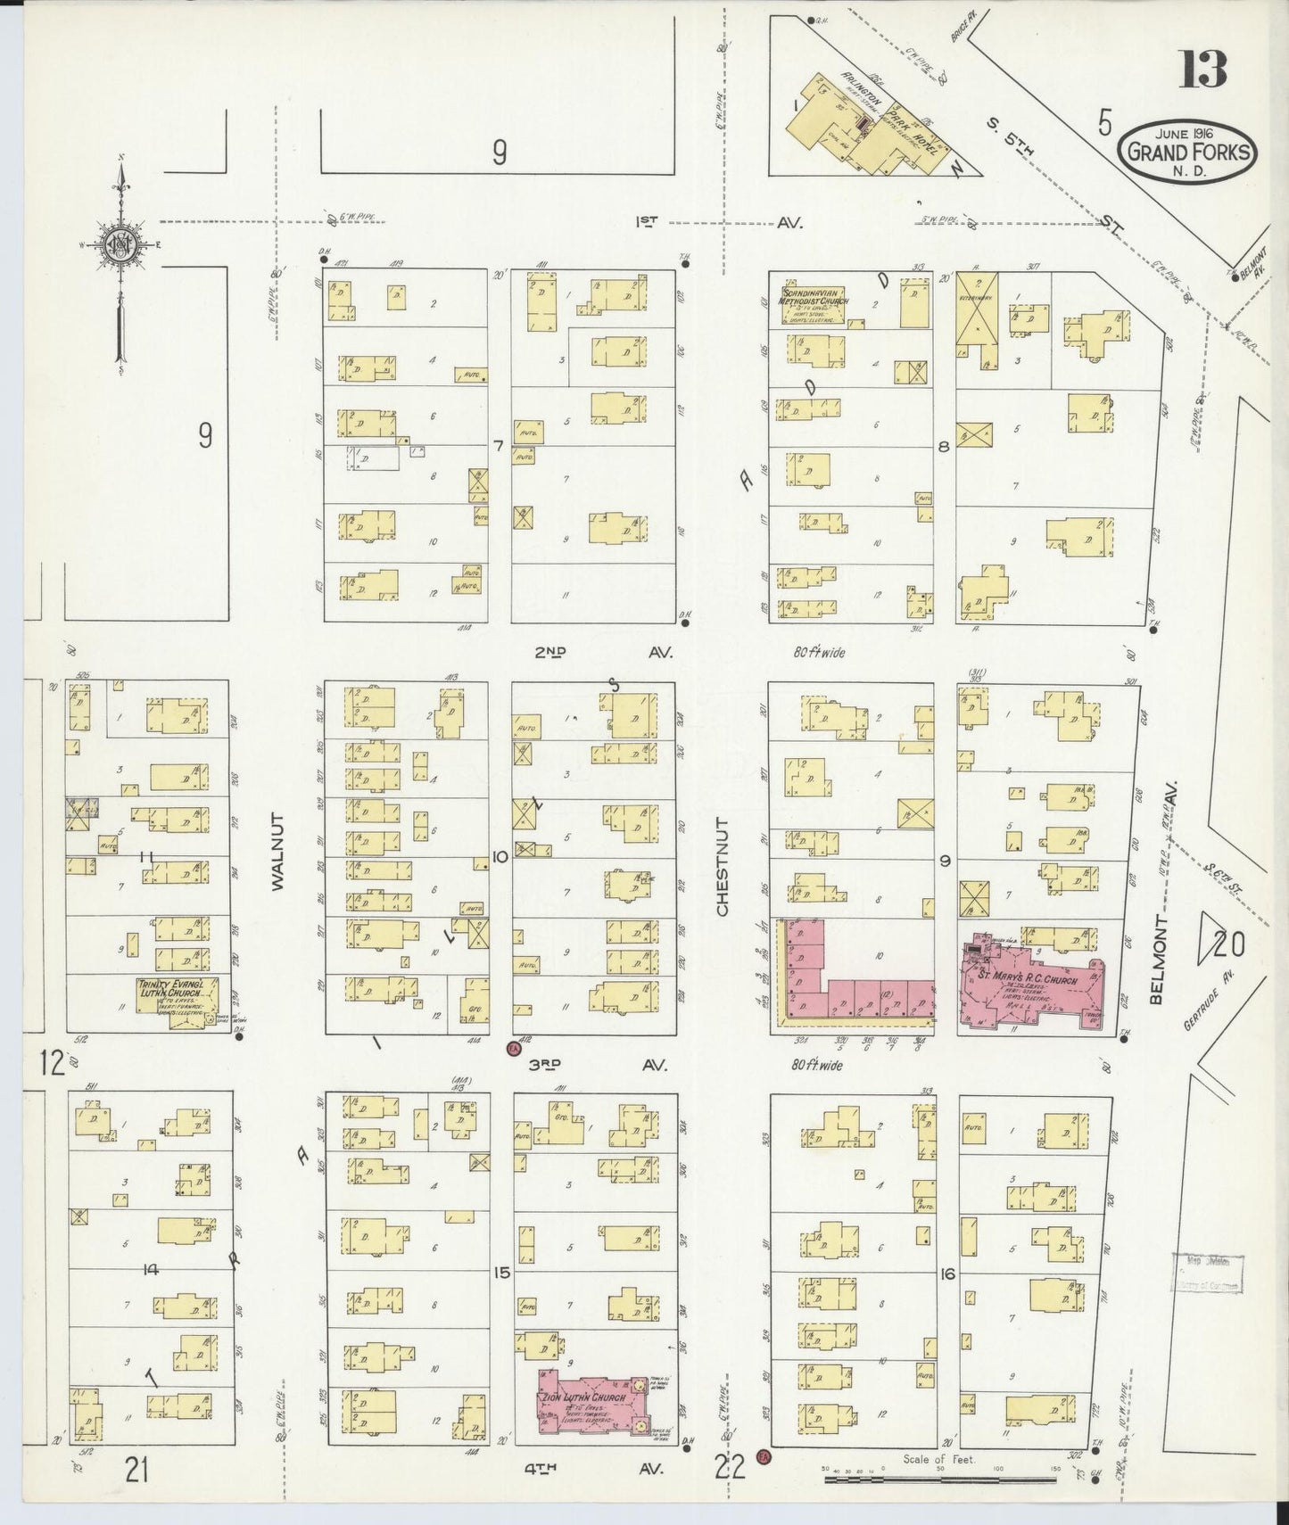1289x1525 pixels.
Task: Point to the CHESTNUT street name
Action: pos(723,865)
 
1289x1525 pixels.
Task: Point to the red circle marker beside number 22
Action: pos(763,1456)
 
